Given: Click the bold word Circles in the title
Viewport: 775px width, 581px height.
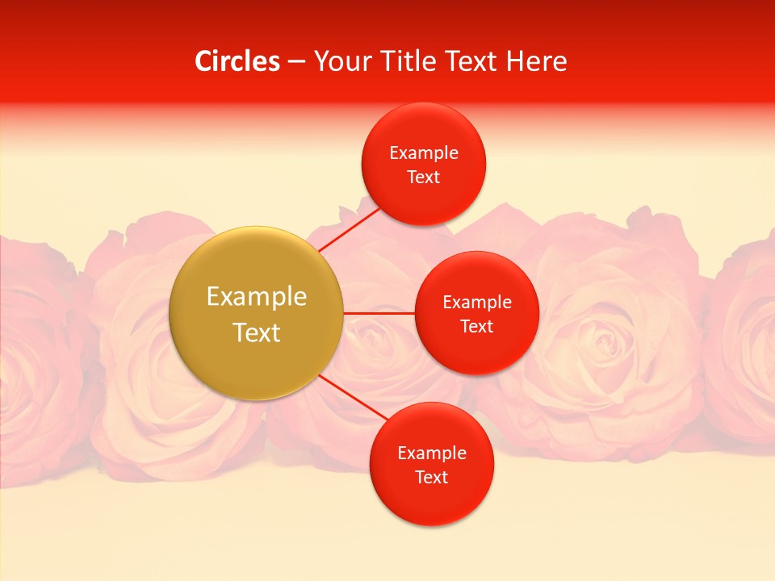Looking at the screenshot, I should tap(237, 61).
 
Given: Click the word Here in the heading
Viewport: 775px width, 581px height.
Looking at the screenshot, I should tap(536, 61).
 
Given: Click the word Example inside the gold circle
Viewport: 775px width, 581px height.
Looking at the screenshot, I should tap(257, 297).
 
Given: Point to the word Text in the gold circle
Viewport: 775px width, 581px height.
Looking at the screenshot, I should tap(257, 332).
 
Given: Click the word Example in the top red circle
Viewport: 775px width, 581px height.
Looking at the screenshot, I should tap(424, 153).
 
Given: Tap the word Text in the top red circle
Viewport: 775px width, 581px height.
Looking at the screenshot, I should tap(424, 178).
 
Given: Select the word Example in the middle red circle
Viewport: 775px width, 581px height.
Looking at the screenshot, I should tap(477, 303).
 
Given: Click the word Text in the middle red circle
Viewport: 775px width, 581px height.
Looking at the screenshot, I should tap(477, 327).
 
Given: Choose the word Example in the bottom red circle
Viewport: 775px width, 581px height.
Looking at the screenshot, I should tap(432, 454).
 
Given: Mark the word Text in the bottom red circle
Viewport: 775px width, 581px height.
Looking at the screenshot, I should tap(432, 478).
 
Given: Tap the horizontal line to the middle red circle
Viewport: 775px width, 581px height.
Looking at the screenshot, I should tap(379, 312).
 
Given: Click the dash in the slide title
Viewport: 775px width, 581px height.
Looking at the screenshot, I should tap(296, 62).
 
